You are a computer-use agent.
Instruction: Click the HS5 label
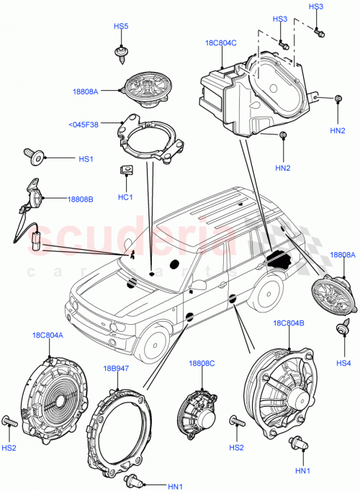tap(120, 27)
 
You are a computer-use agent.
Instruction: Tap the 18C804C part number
tap(220, 43)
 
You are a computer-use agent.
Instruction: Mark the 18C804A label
tap(48, 335)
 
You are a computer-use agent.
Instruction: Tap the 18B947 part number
tap(115, 369)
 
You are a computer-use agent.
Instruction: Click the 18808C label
tap(202, 364)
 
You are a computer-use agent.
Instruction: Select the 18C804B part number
tap(289, 324)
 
